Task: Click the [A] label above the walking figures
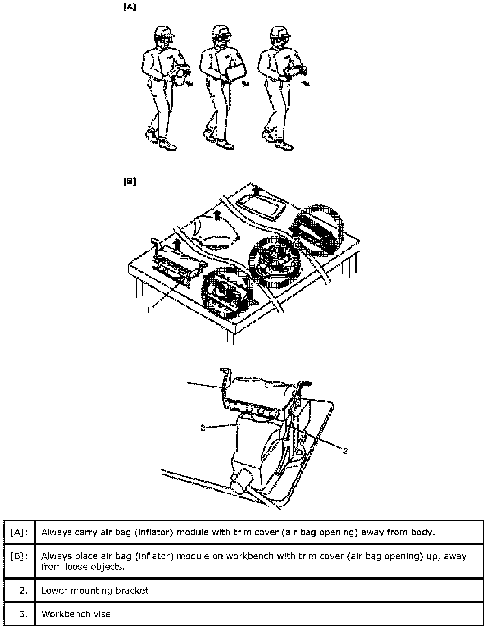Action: (x=130, y=7)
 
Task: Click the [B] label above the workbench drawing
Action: (x=130, y=182)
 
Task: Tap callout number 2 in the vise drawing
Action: (x=203, y=428)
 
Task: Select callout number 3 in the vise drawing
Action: (x=346, y=451)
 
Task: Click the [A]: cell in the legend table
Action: (x=19, y=532)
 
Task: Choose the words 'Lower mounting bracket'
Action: (x=95, y=590)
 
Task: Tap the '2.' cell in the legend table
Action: (x=19, y=590)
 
